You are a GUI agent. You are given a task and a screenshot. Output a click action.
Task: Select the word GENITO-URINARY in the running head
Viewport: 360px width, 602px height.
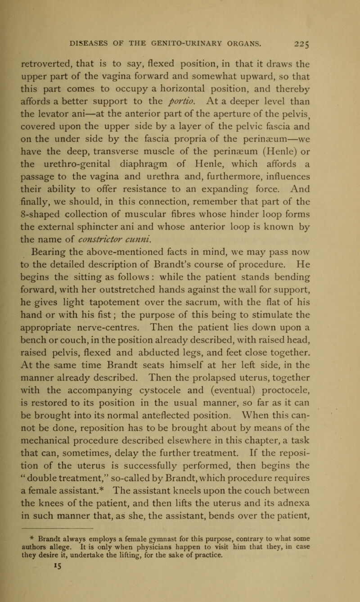[x=197, y=43]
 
